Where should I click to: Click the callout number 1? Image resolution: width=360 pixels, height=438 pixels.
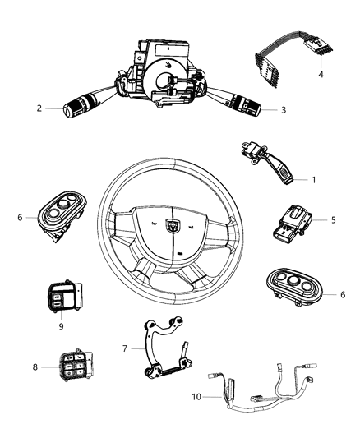313,179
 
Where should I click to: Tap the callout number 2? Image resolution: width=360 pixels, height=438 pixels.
39,108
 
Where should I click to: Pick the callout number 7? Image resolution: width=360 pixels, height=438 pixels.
125,348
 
